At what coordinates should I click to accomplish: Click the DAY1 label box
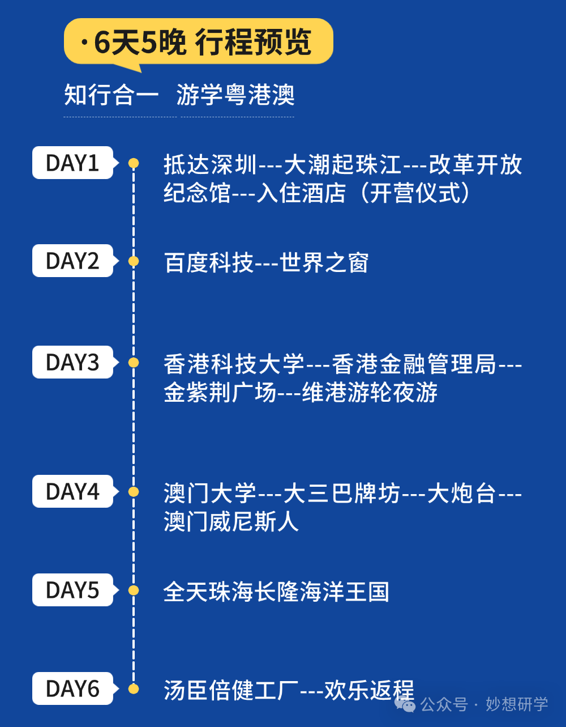(72, 163)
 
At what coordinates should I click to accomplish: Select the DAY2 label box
(72, 261)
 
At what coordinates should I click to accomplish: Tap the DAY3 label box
(72, 363)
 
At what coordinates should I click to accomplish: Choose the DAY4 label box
(72, 491)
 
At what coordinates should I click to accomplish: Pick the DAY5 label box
(72, 590)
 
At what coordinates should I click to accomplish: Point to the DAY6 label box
(72, 688)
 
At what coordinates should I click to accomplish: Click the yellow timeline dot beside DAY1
(134, 163)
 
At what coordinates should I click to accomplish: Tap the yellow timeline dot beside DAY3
(134, 363)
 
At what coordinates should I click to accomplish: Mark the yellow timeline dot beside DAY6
(134, 688)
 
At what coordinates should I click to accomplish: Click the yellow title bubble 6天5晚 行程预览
(198, 42)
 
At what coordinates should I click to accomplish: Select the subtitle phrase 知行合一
(111, 95)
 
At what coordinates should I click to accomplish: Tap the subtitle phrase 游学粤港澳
(235, 95)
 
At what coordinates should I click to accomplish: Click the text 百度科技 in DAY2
(209, 263)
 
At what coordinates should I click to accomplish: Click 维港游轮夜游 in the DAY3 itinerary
(370, 393)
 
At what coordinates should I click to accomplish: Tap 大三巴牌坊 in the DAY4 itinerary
(342, 493)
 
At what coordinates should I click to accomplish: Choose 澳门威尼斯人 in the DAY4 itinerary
(231, 521)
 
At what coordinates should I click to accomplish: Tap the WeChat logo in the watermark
(405, 704)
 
